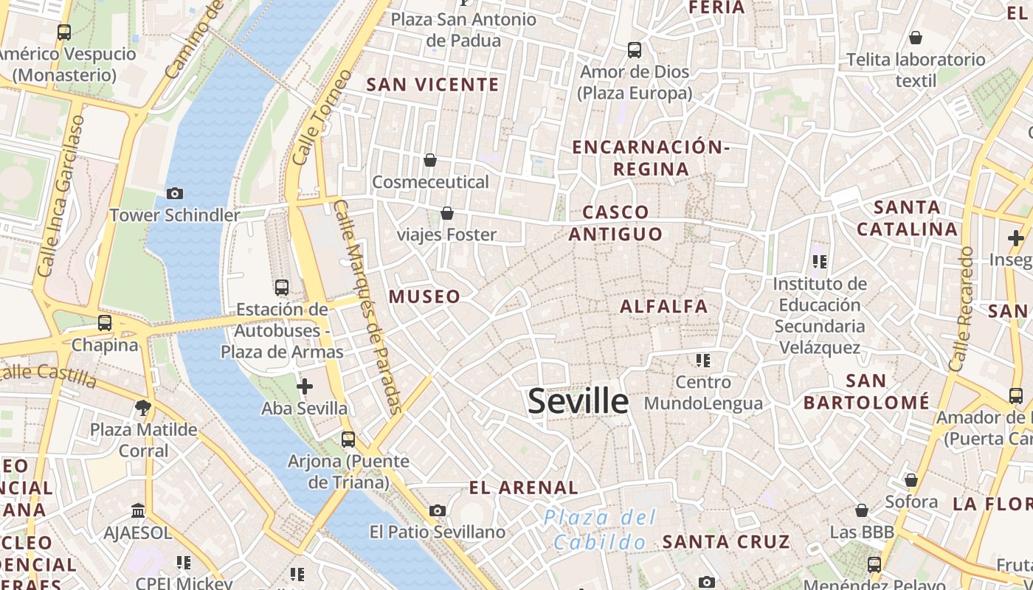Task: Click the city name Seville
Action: pos(578,401)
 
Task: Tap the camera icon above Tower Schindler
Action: pos(175,193)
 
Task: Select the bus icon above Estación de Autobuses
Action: pos(281,287)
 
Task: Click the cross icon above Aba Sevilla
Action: pos(304,386)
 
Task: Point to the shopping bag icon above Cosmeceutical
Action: pos(430,160)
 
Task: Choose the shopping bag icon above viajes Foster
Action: pos(446,213)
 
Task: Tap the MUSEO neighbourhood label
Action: pos(424,296)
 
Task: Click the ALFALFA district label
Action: pos(663,306)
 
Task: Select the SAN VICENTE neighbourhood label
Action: pos(433,85)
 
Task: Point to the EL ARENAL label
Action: pos(524,487)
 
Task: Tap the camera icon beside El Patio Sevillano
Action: pos(438,510)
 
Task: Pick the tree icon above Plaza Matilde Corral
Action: pos(143,407)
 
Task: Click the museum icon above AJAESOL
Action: pos(138,510)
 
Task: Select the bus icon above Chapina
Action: pos(105,323)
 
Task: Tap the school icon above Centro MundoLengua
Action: pos(702,361)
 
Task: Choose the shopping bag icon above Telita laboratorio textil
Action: pos(916,38)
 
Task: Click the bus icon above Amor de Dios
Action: pos(635,50)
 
